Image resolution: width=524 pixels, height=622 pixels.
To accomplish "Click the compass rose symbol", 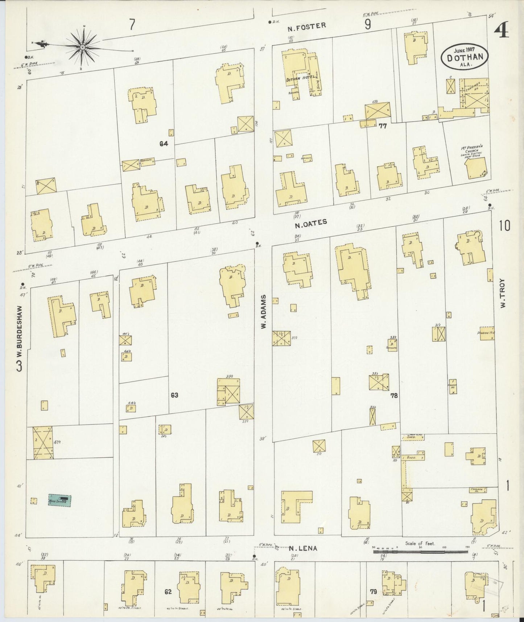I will [x=83, y=47].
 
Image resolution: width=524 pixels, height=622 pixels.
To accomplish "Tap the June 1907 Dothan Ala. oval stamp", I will [x=465, y=56].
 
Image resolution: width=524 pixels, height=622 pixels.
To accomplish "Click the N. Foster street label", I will [x=307, y=25].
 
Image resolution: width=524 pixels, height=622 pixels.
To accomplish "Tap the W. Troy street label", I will [x=503, y=294].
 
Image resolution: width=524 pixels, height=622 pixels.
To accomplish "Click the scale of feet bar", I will [x=421, y=552].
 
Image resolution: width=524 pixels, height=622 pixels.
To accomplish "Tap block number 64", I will [x=164, y=144].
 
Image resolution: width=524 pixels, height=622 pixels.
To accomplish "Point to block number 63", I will [x=174, y=395].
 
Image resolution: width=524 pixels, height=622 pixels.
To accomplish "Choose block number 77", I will [x=383, y=126].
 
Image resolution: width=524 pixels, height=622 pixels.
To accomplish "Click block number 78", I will [x=394, y=396].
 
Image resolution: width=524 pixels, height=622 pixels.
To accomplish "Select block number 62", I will [x=168, y=592].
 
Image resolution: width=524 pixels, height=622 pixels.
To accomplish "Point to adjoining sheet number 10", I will [x=504, y=226].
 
